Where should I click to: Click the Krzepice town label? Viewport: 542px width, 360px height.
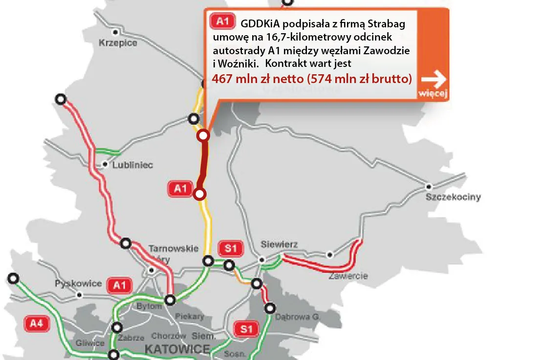[118, 43]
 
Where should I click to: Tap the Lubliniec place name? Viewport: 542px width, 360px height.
[132, 165]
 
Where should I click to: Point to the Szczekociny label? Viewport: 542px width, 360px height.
[453, 197]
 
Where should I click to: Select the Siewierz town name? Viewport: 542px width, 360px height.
[279, 245]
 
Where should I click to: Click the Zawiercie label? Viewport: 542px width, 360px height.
[348, 276]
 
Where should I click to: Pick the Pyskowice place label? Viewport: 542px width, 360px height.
[78, 283]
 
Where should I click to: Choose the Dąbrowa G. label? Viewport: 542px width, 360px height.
[297, 317]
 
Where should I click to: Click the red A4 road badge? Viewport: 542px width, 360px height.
[37, 322]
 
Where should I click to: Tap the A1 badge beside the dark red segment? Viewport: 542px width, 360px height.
[180, 189]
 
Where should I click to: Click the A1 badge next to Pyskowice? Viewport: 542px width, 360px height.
[119, 285]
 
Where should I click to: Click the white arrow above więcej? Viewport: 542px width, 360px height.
[434, 78]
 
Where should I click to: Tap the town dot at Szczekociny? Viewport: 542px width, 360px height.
[429, 186]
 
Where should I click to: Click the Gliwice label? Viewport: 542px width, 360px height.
[90, 343]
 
